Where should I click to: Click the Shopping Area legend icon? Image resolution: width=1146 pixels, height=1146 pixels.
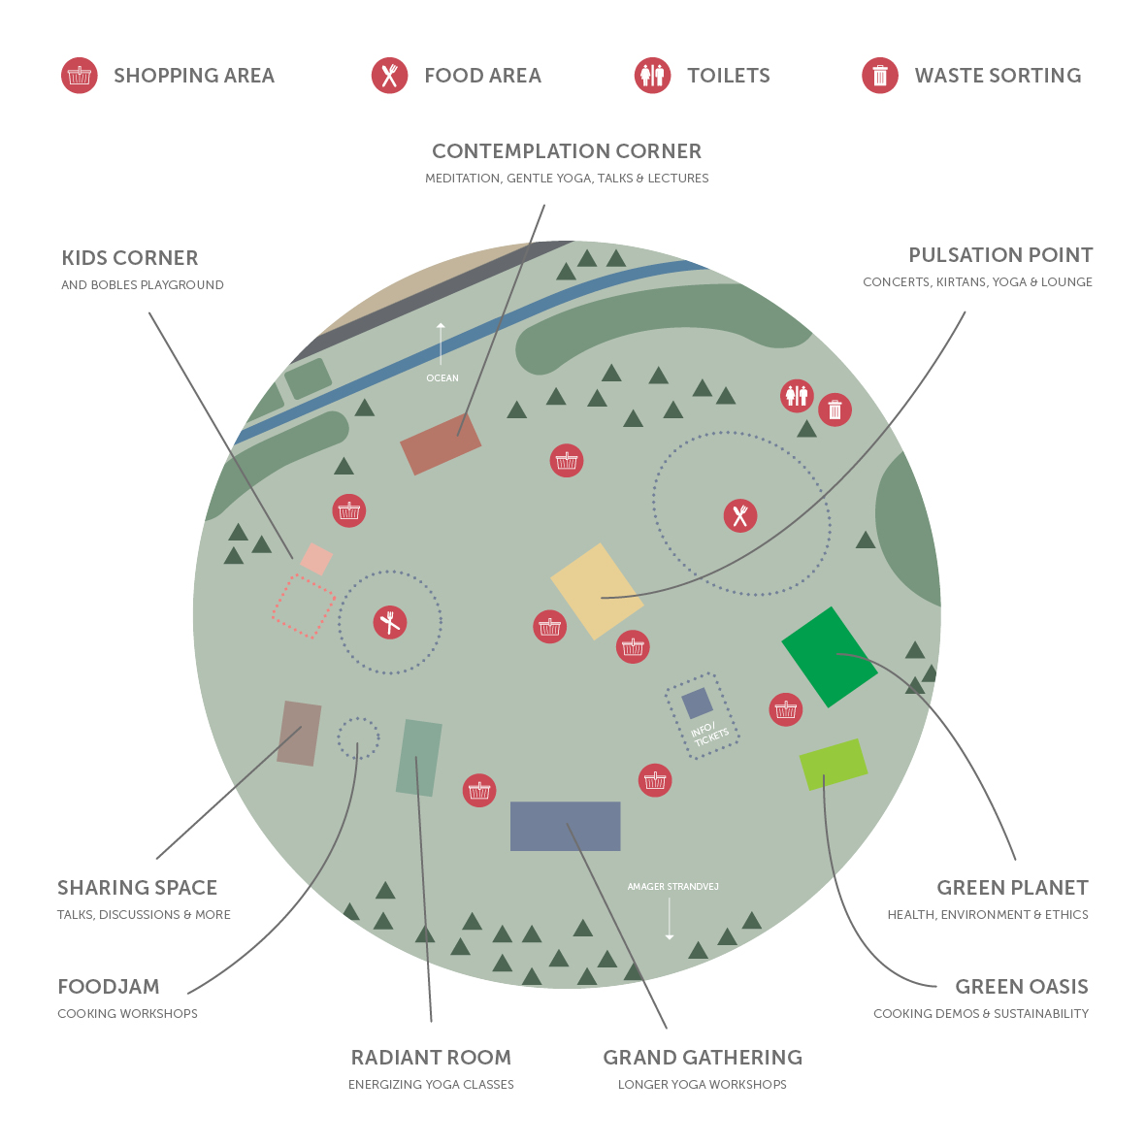pyautogui.click(x=80, y=76)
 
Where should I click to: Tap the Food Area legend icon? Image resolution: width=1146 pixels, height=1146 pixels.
pyautogui.click(x=389, y=76)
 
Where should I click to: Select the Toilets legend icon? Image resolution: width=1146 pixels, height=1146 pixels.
pyautogui.click(x=652, y=76)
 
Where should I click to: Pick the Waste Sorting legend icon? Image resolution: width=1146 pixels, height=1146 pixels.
pyautogui.click(x=880, y=76)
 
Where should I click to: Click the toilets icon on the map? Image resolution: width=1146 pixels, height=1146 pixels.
pyautogui.click(x=797, y=395)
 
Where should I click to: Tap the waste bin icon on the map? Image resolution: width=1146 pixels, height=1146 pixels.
pyautogui.click(x=835, y=409)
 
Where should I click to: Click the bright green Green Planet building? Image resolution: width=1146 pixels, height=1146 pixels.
pyautogui.click(x=829, y=657)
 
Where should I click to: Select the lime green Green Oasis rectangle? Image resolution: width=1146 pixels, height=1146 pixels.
pyautogui.click(x=833, y=764)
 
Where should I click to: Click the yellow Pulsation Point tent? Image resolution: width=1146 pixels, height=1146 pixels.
pyautogui.click(x=597, y=591)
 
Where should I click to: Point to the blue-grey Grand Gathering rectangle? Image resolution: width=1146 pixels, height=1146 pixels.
pyautogui.click(x=565, y=826)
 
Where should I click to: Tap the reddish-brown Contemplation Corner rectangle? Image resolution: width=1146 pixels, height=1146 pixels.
pyautogui.click(x=441, y=443)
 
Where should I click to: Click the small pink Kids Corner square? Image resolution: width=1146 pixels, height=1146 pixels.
pyautogui.click(x=316, y=559)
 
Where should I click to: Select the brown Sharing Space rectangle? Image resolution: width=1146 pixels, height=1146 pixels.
pyautogui.click(x=299, y=734)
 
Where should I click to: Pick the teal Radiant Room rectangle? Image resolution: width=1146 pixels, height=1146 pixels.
pyautogui.click(x=419, y=758)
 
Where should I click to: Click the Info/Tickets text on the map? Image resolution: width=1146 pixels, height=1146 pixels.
pyautogui.click(x=709, y=735)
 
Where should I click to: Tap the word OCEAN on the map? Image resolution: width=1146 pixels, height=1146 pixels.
pyautogui.click(x=442, y=377)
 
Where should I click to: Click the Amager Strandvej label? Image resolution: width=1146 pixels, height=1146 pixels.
pyautogui.click(x=672, y=887)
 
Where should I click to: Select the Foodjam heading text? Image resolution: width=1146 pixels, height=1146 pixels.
pyautogui.click(x=109, y=987)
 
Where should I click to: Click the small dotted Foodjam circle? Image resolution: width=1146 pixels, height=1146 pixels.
pyautogui.click(x=358, y=738)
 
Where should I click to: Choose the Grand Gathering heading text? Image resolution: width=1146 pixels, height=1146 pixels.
pyautogui.click(x=703, y=1058)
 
